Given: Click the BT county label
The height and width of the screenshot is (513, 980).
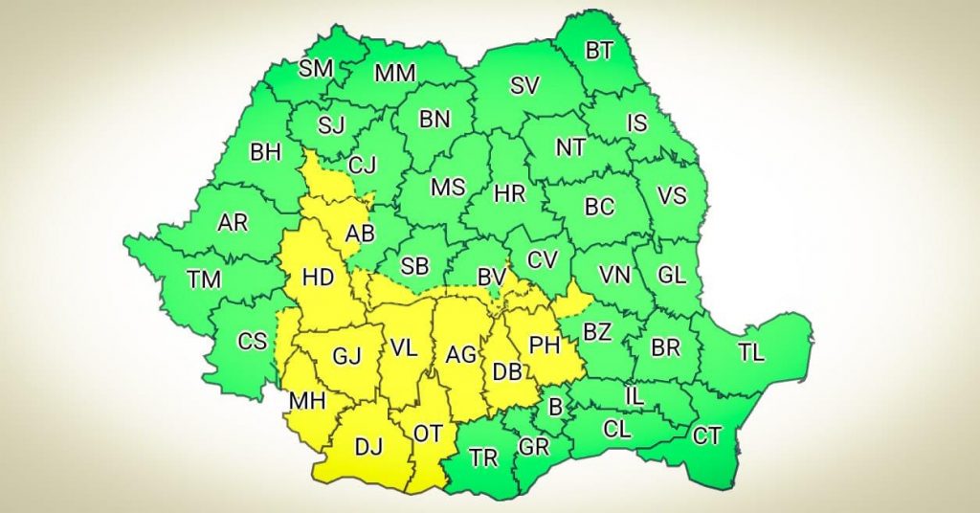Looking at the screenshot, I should pyautogui.click(x=599, y=51).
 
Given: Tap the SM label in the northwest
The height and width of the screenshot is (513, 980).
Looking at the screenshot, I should pyautogui.click(x=316, y=69).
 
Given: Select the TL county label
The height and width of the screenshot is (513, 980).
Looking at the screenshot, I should pyautogui.click(x=751, y=352).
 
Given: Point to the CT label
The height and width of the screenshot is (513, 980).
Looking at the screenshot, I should pyautogui.click(x=706, y=436).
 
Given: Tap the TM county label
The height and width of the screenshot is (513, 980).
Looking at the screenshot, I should pyautogui.click(x=204, y=279).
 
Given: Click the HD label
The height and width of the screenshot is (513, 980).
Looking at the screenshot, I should pyautogui.click(x=318, y=278).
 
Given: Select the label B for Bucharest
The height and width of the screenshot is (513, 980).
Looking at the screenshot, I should pyautogui.click(x=555, y=408).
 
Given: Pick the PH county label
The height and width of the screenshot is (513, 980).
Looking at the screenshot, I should pyautogui.click(x=544, y=344).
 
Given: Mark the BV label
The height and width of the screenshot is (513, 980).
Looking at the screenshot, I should pyautogui.click(x=491, y=278).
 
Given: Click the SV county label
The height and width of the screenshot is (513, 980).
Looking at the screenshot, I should pyautogui.click(x=523, y=86).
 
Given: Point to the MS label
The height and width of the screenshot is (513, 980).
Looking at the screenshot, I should pyautogui.click(x=447, y=188).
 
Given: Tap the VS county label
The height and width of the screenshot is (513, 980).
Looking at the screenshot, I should pyautogui.click(x=672, y=195).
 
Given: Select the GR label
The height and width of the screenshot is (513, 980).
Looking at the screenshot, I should pyautogui.click(x=533, y=447).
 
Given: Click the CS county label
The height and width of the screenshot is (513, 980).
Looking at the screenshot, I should pyautogui.click(x=252, y=342).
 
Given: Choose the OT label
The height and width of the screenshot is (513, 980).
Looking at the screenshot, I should pyautogui.click(x=427, y=434).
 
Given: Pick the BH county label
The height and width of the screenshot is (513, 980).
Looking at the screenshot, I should pyautogui.click(x=265, y=152).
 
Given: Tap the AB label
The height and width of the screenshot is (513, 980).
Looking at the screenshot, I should pyautogui.click(x=360, y=233).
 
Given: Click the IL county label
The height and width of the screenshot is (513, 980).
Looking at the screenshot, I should pyautogui.click(x=634, y=394).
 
